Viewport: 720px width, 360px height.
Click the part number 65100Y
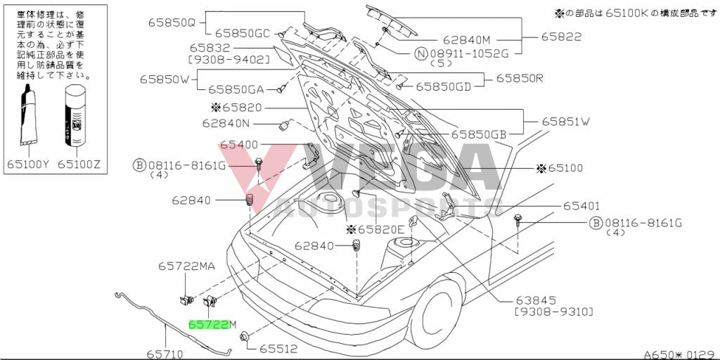28,164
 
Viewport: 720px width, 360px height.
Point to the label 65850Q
171,22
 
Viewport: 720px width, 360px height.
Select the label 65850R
520,78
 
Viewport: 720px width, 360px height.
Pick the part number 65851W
565,122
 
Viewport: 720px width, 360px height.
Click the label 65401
580,206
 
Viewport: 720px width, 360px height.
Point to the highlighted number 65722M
212,324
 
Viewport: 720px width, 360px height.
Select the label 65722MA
186,266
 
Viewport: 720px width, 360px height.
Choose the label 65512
278,348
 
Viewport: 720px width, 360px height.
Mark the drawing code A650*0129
679,354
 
